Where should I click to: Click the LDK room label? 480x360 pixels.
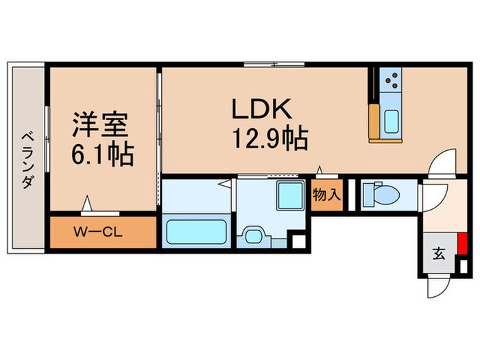coord(263,110)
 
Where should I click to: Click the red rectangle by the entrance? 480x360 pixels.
coord(464,243)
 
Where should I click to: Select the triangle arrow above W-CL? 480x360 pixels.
coord(87,203)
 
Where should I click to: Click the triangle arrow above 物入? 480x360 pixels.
coord(320,169)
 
